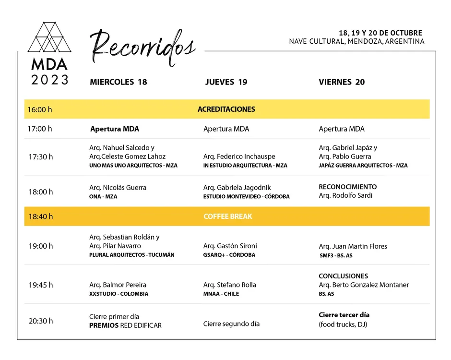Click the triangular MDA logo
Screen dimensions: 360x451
[49, 37]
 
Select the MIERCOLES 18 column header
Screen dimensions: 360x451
[118, 82]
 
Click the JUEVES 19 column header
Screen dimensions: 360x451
[226, 82]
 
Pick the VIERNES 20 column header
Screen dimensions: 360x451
[342, 82]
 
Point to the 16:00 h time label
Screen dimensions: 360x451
[40, 109]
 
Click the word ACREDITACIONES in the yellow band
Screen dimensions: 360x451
[226, 109]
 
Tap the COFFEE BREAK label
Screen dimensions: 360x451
[227, 216]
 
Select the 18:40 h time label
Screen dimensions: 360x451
[41, 216]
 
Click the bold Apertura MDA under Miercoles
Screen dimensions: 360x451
[115, 129]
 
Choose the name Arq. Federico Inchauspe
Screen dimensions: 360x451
[239, 156]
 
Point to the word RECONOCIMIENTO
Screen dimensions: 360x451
[347, 187]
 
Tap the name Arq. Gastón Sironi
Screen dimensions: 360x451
[230, 246]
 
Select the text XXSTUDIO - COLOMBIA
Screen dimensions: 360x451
[119, 294]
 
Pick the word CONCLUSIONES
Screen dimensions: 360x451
[343, 276]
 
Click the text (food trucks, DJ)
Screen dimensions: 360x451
[343, 324]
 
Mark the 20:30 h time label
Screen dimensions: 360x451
[41, 321]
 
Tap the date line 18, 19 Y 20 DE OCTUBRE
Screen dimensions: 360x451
[380, 33]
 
